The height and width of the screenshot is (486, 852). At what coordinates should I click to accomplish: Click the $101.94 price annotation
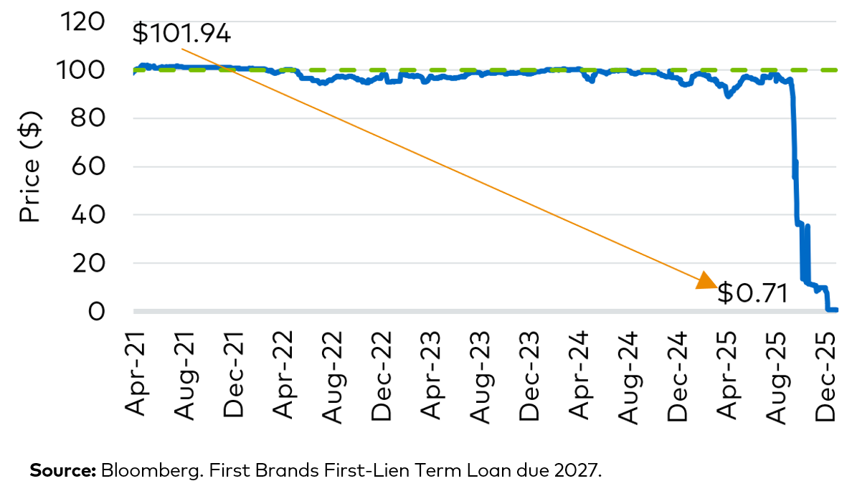(x=181, y=34)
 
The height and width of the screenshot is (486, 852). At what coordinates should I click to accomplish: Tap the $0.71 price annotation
(x=752, y=293)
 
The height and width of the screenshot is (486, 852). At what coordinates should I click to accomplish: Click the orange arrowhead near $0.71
(x=706, y=281)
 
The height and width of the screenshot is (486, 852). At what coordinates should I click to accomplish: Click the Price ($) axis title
(x=29, y=167)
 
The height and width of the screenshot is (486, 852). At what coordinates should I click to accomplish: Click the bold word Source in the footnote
(x=62, y=471)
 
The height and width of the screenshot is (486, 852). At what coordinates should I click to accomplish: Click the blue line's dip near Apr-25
(x=729, y=95)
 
